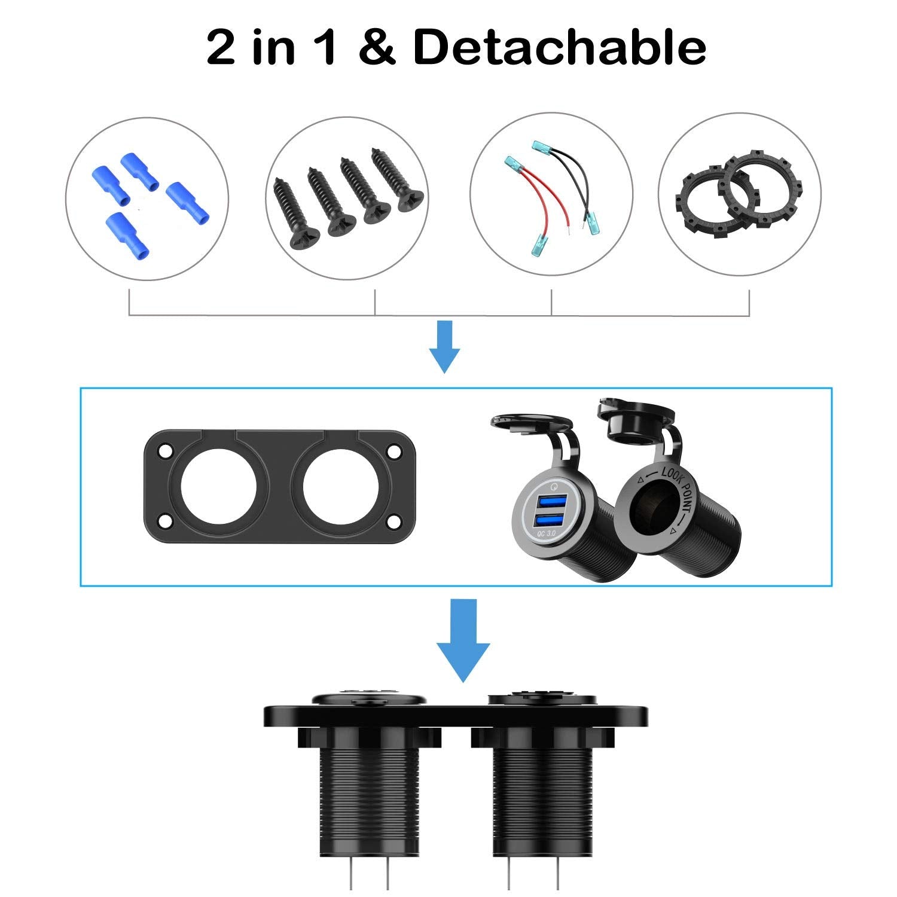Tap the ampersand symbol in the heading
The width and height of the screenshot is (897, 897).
[377, 48]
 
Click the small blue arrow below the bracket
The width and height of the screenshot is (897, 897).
[444, 346]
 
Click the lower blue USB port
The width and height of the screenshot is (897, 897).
[550, 518]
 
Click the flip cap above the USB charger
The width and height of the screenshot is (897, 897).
[529, 422]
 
